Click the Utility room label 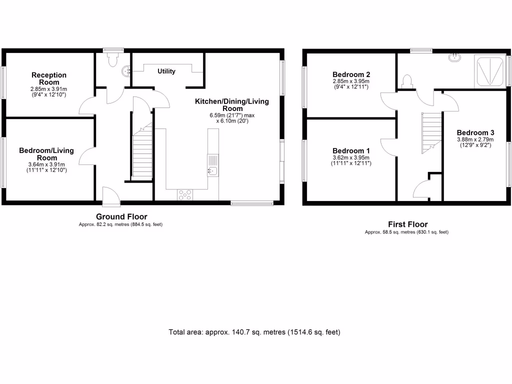click(166, 71)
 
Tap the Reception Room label click(48, 78)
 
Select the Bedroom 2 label click(351, 74)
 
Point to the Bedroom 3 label click(475, 132)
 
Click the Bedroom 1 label click(351, 151)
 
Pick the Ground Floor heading click(121, 216)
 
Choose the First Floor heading click(407, 224)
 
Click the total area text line click(255, 332)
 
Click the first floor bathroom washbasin click(456, 57)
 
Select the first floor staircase click(431, 132)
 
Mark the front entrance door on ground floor click(110, 197)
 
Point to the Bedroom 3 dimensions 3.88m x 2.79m click(475, 139)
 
